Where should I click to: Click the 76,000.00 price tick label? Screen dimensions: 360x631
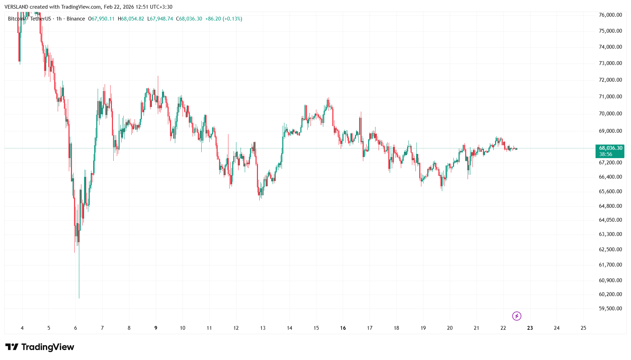pyautogui.click(x=610, y=15)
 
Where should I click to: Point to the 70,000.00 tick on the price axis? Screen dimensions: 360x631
pyautogui.click(x=610, y=114)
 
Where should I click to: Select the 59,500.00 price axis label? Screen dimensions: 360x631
pyautogui.click(x=610, y=309)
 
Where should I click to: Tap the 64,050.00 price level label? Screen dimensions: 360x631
pyautogui.click(x=610, y=220)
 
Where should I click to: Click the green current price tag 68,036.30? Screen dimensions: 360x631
pyautogui.click(x=610, y=148)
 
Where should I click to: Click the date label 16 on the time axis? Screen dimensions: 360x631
pyautogui.click(x=343, y=328)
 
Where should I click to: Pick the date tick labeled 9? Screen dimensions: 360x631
pyautogui.click(x=156, y=328)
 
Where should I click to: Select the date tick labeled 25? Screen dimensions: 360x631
pyautogui.click(x=583, y=328)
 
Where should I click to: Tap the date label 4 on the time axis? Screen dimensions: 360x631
pyautogui.click(x=22, y=328)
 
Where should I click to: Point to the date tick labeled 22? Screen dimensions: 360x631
pyautogui.click(x=503, y=328)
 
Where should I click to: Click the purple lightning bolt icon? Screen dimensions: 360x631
pyautogui.click(x=517, y=316)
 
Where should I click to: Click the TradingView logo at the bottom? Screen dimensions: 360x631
pyautogui.click(x=40, y=347)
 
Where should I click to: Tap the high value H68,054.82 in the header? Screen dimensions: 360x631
pyautogui.click(x=131, y=19)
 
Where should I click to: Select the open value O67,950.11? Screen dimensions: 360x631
pyautogui.click(x=101, y=19)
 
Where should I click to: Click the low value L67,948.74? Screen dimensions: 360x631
pyautogui.click(x=160, y=19)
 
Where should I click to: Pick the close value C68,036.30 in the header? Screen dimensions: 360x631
pyautogui.click(x=189, y=19)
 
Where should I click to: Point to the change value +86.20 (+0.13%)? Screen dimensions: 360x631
pyautogui.click(x=224, y=19)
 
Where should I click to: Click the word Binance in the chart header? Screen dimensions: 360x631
pyautogui.click(x=76, y=19)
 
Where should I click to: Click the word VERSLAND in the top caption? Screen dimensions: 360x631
pyautogui.click(x=16, y=7)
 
